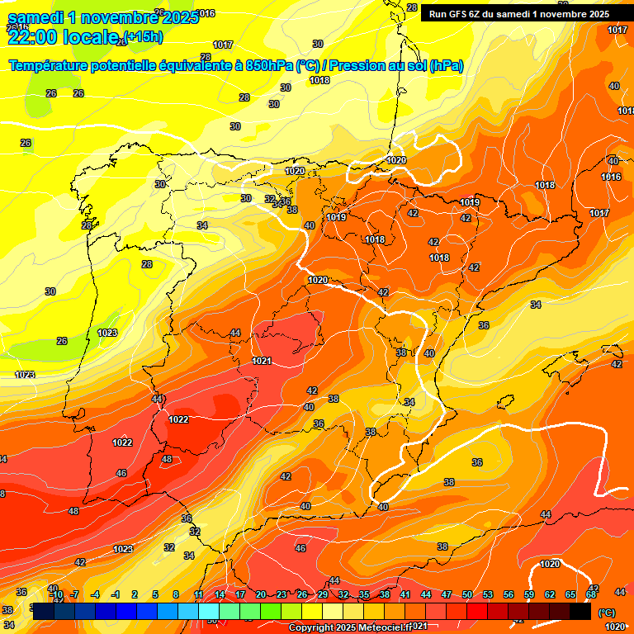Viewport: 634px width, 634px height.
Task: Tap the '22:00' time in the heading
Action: pyautogui.click(x=32, y=36)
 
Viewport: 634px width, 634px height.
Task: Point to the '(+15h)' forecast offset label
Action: pyautogui.click(x=143, y=37)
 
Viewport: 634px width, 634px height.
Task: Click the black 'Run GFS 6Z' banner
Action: pyautogui.click(x=516, y=13)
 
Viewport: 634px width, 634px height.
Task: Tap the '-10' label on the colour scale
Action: pyautogui.click(x=55, y=594)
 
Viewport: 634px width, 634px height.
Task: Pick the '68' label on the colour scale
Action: pyautogui.click(x=591, y=594)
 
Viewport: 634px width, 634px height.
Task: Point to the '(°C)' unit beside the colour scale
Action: pyautogui.click(x=606, y=613)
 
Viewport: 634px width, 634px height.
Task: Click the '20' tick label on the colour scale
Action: pyautogui.click(x=261, y=594)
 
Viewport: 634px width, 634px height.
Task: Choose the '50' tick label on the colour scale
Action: pyautogui.click(x=467, y=594)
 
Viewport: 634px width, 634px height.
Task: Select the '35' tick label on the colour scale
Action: pyautogui.click(x=364, y=594)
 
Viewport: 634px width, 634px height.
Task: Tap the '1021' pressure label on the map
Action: pyautogui.click(x=263, y=361)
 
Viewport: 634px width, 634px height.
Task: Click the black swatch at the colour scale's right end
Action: pyautogui.click(x=580, y=611)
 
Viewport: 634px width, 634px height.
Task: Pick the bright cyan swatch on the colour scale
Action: pyautogui.click(x=209, y=611)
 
